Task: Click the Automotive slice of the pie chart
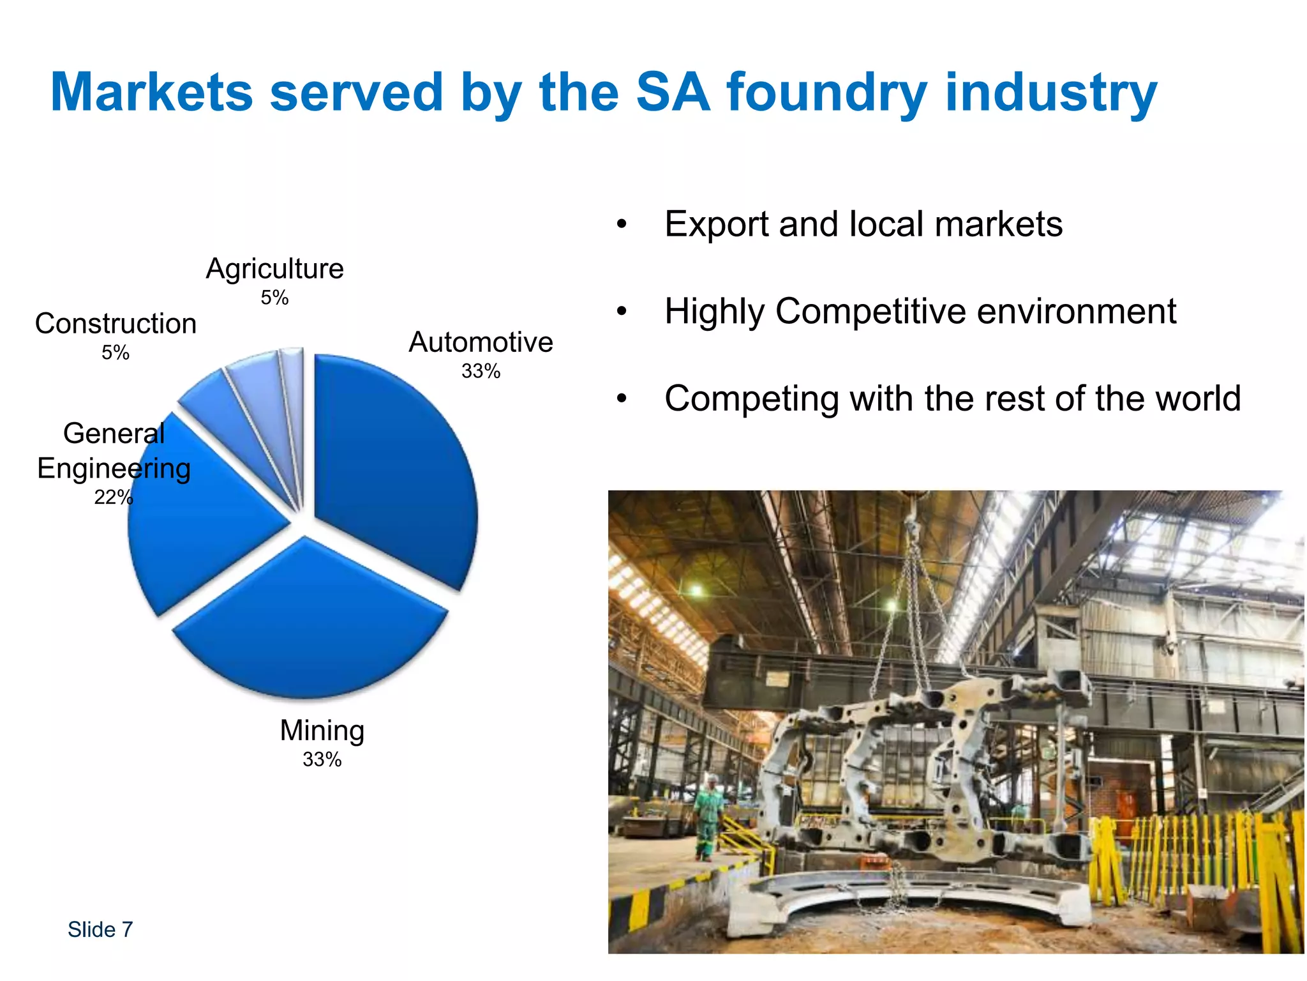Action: click(x=396, y=466)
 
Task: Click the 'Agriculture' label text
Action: click(x=274, y=269)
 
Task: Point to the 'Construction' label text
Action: click(x=116, y=324)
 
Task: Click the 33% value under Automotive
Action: click(x=481, y=371)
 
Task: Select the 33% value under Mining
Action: click(x=322, y=759)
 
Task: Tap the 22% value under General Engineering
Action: click(x=113, y=497)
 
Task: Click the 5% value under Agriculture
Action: click(x=274, y=298)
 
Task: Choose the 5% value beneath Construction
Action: click(x=116, y=353)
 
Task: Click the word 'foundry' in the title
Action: click(x=826, y=93)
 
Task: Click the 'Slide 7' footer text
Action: click(x=100, y=929)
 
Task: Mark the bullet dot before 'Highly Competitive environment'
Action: click(x=622, y=312)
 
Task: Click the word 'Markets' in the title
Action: click(x=152, y=93)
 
